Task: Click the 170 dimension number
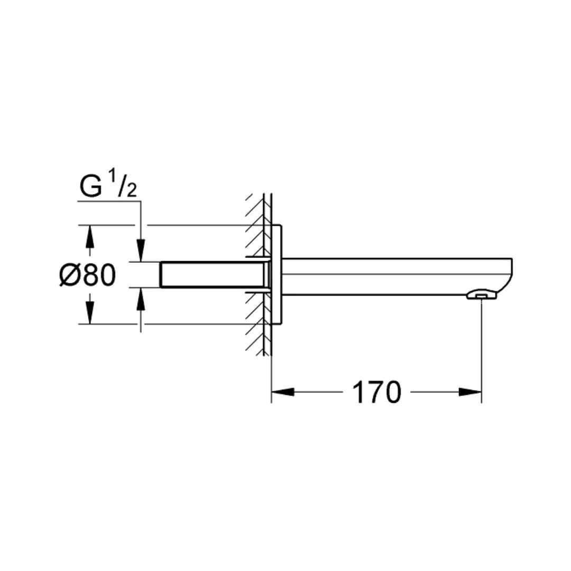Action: tap(376, 392)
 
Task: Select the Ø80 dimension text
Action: tap(87, 275)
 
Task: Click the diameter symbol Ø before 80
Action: tap(70, 275)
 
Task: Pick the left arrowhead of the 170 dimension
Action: tap(282, 392)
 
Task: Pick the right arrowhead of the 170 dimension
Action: tap(470, 392)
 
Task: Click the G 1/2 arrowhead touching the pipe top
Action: tap(141, 251)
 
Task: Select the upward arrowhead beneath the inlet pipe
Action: tap(141, 299)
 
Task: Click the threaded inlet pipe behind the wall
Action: tap(211, 274)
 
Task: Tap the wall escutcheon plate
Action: tap(277, 275)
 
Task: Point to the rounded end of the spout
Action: tap(509, 275)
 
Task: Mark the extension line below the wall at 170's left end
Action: tap(271, 381)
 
